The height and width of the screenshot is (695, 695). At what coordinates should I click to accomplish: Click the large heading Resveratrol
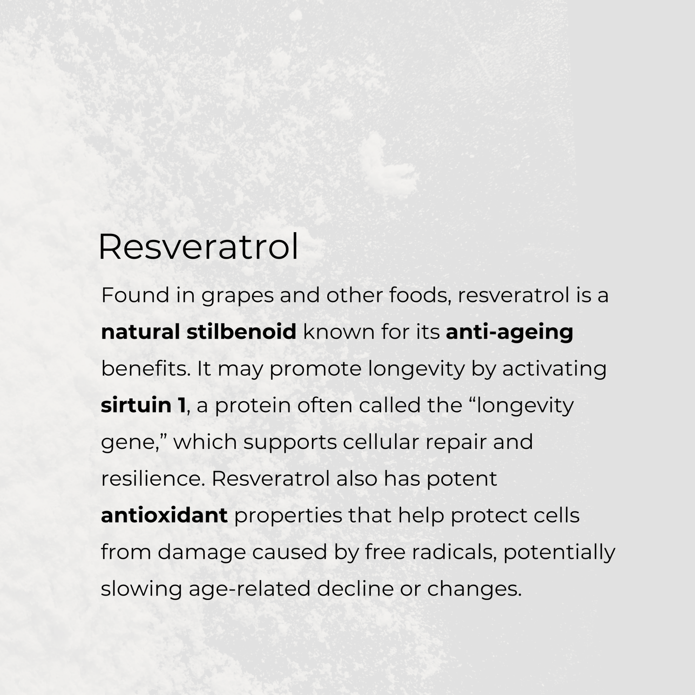pyautogui.click(x=198, y=247)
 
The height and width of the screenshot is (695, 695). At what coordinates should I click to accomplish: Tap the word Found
pyautogui.click(x=135, y=295)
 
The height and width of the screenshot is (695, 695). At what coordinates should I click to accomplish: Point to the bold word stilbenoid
pyautogui.click(x=241, y=332)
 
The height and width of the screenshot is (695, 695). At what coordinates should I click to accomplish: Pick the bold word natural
pyautogui.click(x=140, y=332)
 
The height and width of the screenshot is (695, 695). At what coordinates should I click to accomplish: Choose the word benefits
pyautogui.click(x=145, y=369)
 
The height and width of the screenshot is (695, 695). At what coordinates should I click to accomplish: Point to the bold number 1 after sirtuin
pyautogui.click(x=181, y=405)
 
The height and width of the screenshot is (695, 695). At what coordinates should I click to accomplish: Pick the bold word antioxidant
pyautogui.click(x=164, y=515)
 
